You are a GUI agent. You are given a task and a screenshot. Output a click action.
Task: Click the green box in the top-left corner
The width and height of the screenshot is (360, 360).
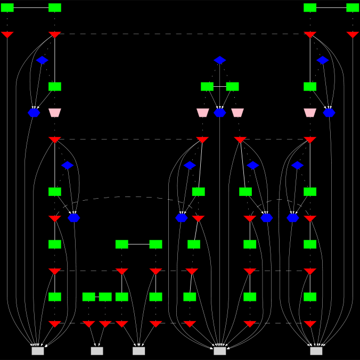7,7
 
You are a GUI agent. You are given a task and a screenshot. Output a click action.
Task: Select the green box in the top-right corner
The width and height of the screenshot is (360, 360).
353,7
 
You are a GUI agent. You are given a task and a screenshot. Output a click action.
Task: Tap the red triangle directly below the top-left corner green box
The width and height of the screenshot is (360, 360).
7,35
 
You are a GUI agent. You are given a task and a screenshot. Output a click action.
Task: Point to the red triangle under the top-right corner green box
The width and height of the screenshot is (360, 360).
353,35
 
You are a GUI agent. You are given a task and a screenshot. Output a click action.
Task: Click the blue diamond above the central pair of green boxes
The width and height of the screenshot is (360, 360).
220,60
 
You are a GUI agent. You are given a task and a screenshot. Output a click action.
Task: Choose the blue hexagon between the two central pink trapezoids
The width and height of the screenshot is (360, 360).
220,112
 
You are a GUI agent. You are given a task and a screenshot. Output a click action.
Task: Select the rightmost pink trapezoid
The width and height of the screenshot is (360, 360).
310,112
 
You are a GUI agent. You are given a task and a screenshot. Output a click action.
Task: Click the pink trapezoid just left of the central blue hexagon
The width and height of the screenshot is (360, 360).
202,112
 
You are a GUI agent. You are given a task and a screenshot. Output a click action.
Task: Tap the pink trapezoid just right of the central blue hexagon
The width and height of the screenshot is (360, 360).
238,112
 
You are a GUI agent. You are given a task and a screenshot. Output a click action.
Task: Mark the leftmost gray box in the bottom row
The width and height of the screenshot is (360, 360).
38,351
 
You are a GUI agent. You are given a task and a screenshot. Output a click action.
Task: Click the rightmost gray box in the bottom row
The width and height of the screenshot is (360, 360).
316,351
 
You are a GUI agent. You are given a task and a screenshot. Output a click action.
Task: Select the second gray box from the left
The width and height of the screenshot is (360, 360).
97,351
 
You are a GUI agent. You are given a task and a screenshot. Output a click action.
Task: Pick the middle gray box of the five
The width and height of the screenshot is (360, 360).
139,351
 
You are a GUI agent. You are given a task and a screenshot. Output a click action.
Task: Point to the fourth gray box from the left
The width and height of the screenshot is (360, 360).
220,351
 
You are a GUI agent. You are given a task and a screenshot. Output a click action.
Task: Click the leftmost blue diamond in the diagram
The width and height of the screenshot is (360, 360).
43,60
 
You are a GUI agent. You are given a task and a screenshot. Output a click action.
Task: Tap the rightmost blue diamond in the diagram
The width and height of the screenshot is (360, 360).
323,60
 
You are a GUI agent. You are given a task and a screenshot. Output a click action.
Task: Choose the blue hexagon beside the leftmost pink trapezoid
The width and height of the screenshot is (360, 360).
34,112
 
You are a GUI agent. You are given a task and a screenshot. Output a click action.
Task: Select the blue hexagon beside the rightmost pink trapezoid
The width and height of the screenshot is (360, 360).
329,112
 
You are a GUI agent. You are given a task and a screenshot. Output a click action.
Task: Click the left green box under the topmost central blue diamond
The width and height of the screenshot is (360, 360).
207,86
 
